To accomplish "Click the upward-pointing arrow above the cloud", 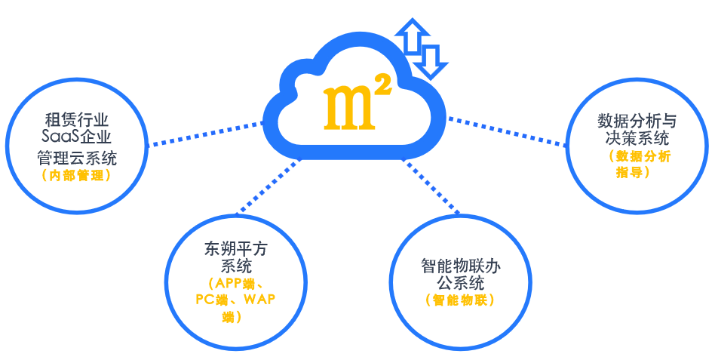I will point(413,37).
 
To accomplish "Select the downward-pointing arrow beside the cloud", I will point(432,60).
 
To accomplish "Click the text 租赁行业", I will point(78,120).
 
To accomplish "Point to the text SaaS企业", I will point(78,138).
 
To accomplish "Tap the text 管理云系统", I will point(78,157).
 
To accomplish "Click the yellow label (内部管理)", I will point(78,176).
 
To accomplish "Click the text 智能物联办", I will point(461,266).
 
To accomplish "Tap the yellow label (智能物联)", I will point(460,300).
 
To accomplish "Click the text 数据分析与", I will point(637,121).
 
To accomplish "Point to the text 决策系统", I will point(637,139).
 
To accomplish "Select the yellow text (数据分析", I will point(638,157).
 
